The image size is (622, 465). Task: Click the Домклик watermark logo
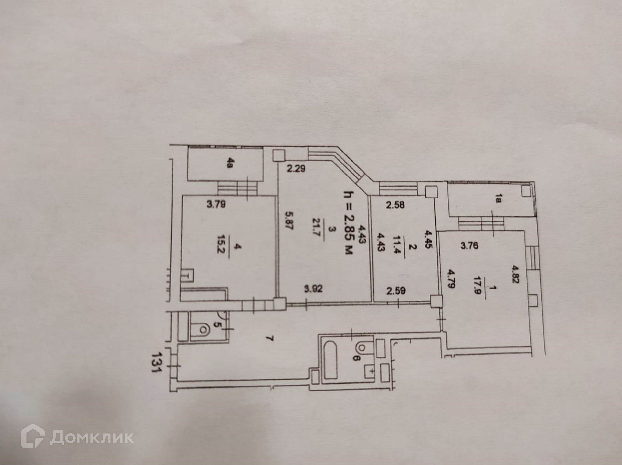[x=78, y=437]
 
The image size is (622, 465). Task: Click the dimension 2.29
[x=296, y=168]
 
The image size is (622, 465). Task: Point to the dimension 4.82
[x=515, y=274]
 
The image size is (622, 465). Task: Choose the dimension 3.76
[x=469, y=245]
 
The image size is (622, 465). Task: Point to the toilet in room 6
[x=363, y=348]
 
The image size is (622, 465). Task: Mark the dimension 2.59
[x=396, y=290]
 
